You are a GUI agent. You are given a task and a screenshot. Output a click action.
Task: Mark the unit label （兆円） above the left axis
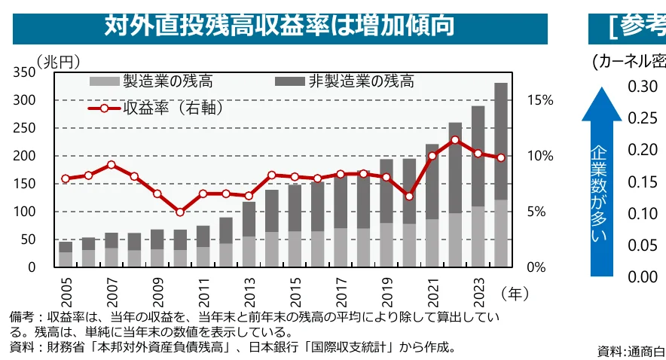pyautogui.click(x=57, y=59)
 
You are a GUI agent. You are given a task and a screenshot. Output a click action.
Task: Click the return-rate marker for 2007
pyautogui.click(x=111, y=165)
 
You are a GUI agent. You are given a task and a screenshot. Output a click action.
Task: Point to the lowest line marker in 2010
pyautogui.click(x=179, y=212)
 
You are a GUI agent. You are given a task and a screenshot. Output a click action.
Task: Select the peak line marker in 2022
pyautogui.click(x=455, y=140)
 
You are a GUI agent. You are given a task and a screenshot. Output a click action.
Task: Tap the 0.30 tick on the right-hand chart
pyautogui.click(x=643, y=86)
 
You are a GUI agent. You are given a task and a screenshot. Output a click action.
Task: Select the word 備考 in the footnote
pyautogui.click(x=21, y=319)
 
